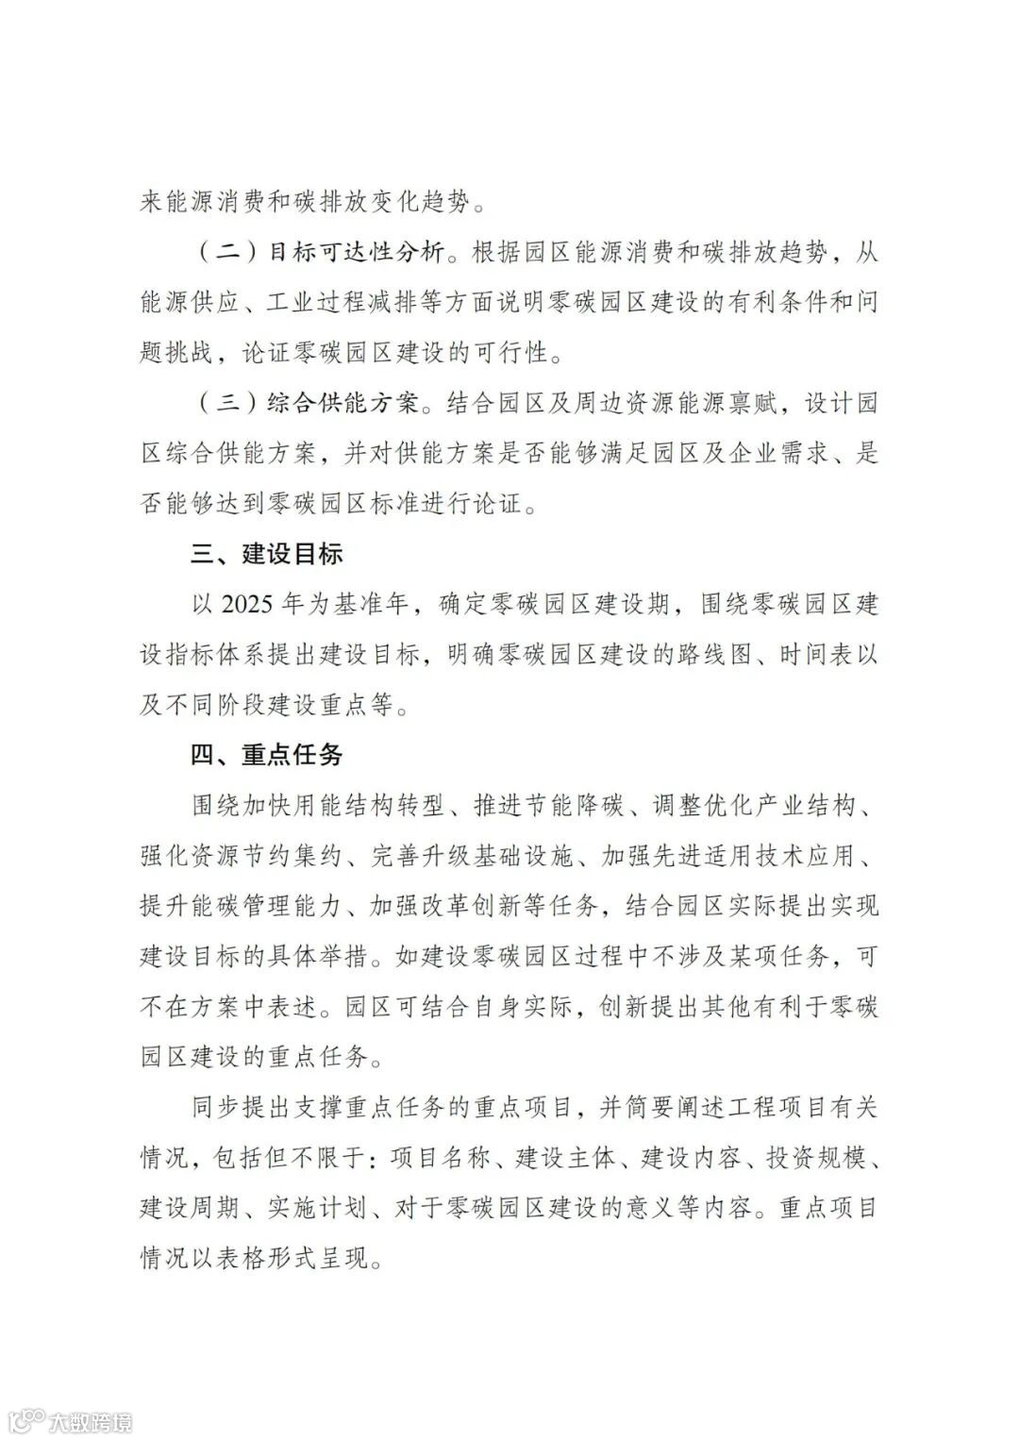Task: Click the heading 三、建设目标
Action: click(267, 554)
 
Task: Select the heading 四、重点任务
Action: click(267, 755)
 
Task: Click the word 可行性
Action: click(509, 354)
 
